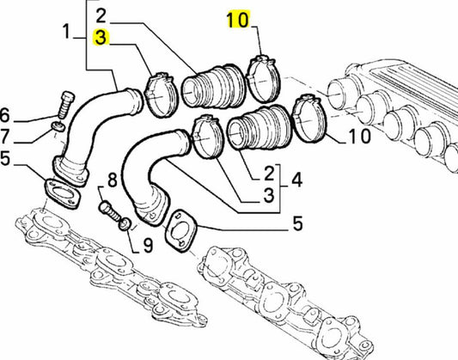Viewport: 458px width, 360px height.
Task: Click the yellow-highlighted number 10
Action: pyautogui.click(x=238, y=20)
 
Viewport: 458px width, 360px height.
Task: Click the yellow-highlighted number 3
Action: pyautogui.click(x=101, y=38)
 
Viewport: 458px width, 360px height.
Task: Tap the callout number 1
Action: pyautogui.click(x=67, y=32)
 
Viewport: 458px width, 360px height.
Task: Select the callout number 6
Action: pyautogui.click(x=5, y=116)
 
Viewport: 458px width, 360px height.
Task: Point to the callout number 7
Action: pyautogui.click(x=4, y=137)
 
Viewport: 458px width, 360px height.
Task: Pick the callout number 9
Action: pyautogui.click(x=148, y=245)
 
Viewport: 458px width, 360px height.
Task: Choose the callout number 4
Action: pyautogui.click(x=296, y=180)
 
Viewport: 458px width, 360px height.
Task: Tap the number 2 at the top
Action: pyautogui.click(x=101, y=15)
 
